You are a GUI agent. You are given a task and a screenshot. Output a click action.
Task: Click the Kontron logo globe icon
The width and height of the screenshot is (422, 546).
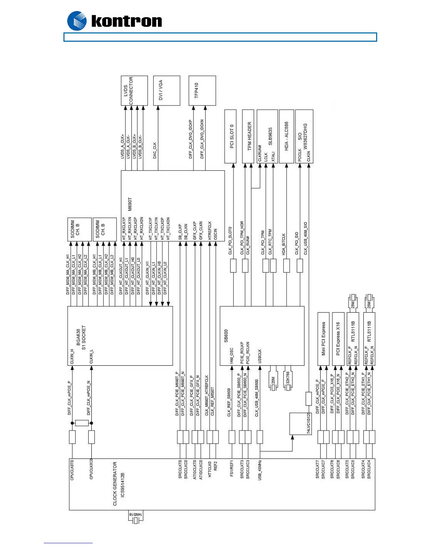point(77,21)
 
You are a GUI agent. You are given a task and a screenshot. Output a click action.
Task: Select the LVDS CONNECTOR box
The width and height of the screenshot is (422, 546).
point(134,91)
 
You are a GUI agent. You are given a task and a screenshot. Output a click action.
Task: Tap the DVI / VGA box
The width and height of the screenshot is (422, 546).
point(167,91)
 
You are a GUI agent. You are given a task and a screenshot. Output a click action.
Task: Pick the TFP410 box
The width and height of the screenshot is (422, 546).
point(202,91)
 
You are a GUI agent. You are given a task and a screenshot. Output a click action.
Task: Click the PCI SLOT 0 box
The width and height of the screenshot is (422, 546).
point(230,136)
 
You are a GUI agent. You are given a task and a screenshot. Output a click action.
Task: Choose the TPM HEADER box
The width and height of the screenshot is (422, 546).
point(248,136)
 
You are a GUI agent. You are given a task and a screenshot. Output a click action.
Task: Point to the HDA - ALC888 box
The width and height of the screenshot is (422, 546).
point(287,136)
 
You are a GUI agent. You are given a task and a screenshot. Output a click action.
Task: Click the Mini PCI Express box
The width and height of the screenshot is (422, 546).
point(323,339)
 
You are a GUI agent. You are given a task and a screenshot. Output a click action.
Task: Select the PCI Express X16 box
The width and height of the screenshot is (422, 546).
point(338,339)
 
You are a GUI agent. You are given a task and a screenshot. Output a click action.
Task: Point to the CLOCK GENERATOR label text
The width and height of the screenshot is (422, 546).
point(115,484)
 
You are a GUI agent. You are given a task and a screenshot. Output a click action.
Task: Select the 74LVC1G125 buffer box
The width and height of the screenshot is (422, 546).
point(300,424)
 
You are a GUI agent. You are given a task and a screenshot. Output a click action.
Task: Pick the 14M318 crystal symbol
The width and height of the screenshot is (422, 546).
point(136,517)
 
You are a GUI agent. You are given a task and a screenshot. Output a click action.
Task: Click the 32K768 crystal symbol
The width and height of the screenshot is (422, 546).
point(288,381)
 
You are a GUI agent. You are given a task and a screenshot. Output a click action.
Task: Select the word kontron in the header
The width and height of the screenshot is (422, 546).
point(127,21)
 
